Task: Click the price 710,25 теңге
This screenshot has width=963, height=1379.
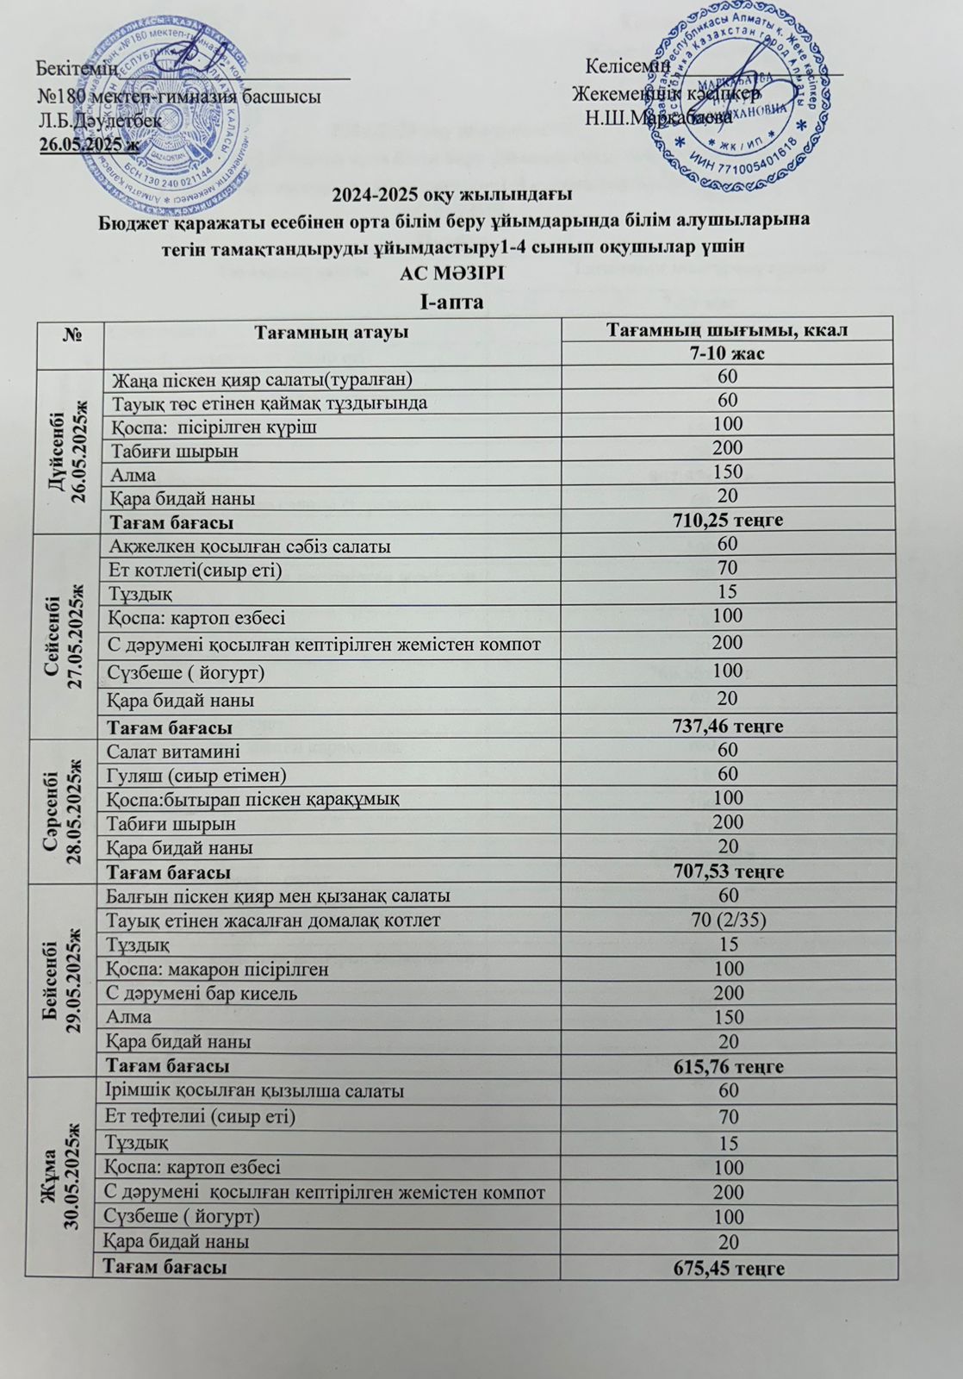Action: coord(727,520)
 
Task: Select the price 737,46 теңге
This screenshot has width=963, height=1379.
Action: coord(728,727)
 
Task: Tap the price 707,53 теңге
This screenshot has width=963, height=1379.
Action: coord(728,871)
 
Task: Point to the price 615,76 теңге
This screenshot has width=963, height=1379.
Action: coord(728,1066)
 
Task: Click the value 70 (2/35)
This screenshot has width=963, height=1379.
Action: coord(729,920)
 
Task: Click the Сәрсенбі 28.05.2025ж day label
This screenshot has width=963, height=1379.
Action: coord(67,810)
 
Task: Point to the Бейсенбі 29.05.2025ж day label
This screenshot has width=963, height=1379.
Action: coord(67,979)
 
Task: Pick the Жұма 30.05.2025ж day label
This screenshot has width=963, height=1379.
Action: coord(67,1178)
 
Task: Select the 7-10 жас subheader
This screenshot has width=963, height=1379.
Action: coord(728,353)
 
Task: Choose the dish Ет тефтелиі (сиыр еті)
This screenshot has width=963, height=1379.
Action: coord(199,1117)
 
